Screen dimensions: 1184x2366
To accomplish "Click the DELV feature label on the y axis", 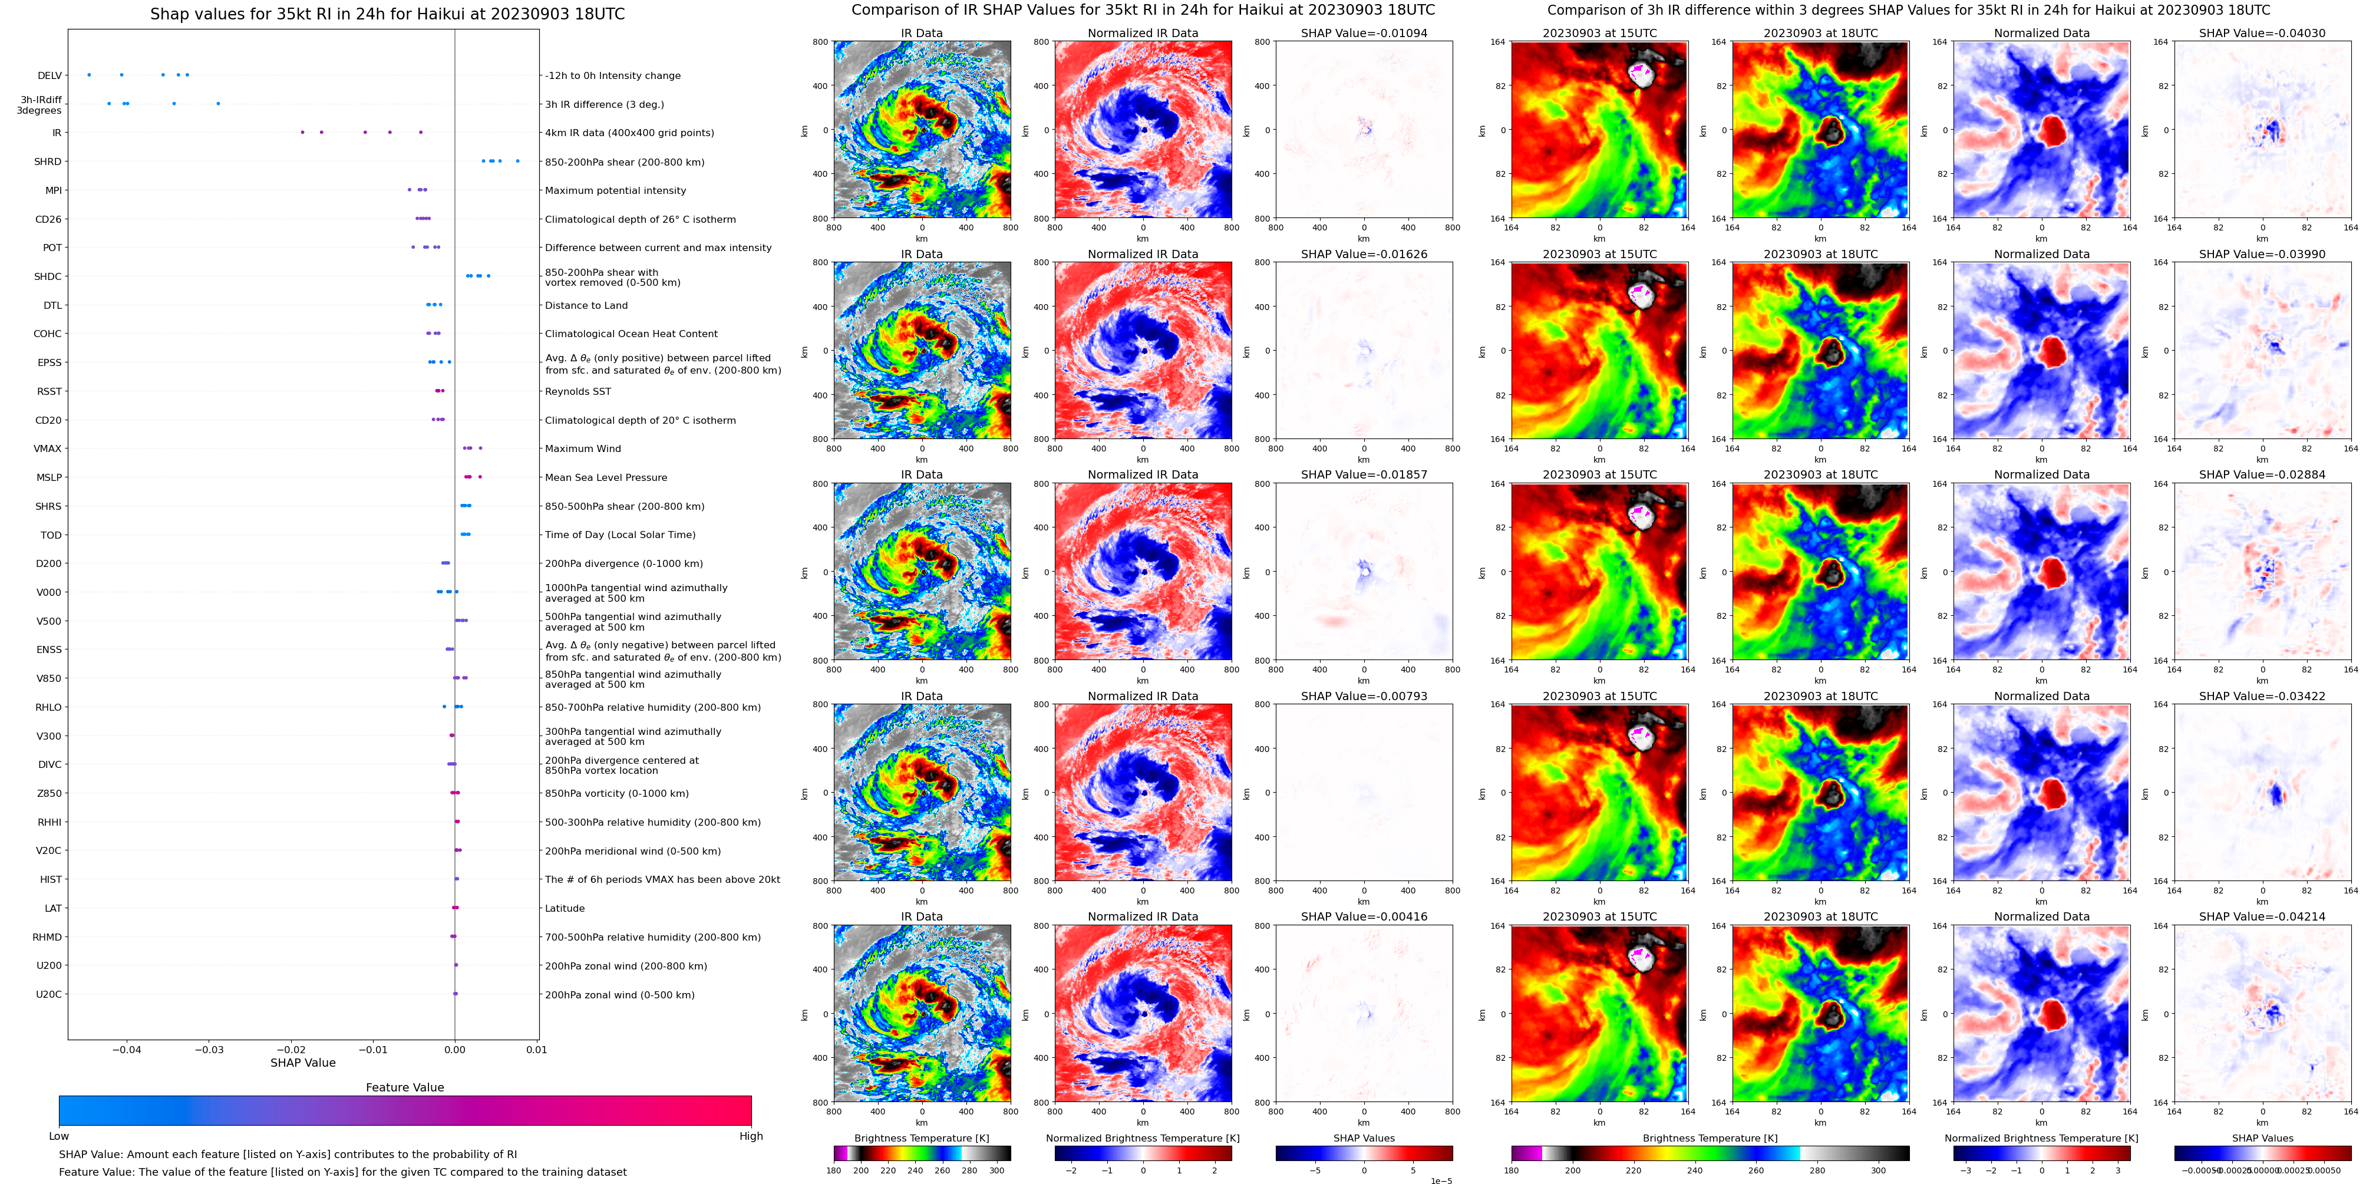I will pyautogui.click(x=50, y=75).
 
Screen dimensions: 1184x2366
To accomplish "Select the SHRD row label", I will pyautogui.click(x=48, y=161).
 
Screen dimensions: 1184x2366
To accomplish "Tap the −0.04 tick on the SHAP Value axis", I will pyautogui.click(x=127, y=1050).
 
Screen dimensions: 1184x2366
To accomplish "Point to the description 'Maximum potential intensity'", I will pyautogui.click(x=615, y=191).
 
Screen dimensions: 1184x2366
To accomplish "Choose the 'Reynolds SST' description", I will pyautogui.click(x=578, y=391).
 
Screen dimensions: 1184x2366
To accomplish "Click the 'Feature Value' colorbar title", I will pyautogui.click(x=404, y=1087).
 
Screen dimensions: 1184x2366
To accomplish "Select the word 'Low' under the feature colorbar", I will pyautogui.click(x=59, y=1136).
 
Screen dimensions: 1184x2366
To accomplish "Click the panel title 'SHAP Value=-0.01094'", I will pyautogui.click(x=1364, y=33).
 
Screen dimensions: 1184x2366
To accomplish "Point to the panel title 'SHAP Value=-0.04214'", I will pyautogui.click(x=2262, y=916).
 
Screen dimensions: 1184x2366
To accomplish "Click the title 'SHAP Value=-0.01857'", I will pyautogui.click(x=1364, y=475).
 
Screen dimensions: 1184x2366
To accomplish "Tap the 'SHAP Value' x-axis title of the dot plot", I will pyautogui.click(x=302, y=1063).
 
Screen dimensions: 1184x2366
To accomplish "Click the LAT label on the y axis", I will pyautogui.click(x=53, y=908).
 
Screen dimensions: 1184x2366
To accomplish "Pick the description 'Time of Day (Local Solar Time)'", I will pyautogui.click(x=620, y=535).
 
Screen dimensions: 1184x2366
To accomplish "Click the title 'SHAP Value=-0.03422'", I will pyautogui.click(x=2262, y=696).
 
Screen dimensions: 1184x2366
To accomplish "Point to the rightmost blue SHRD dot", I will pyautogui.click(x=518, y=161).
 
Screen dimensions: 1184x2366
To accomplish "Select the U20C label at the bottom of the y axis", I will pyautogui.click(x=49, y=994).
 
